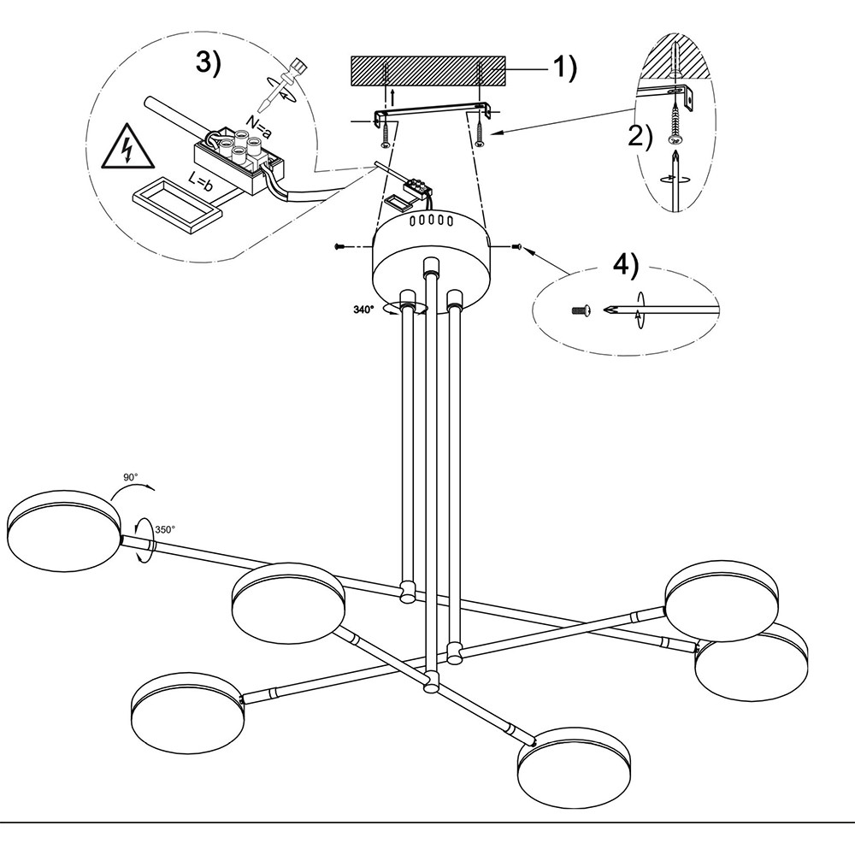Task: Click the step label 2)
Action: pos(640,137)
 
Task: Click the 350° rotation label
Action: pos(165,530)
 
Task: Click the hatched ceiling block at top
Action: pos(428,71)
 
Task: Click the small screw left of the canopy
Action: pos(341,247)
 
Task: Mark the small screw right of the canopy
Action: pos(518,246)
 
